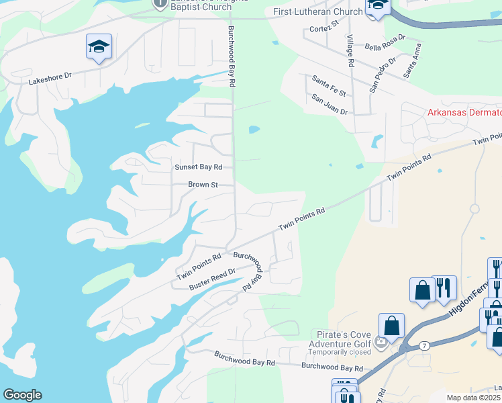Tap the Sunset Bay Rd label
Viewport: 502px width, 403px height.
pyautogui.click(x=198, y=167)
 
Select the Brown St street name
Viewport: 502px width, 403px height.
pyautogui.click(x=203, y=184)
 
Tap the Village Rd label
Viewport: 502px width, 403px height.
pyautogui.click(x=350, y=51)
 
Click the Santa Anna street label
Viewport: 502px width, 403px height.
pyautogui.click(x=413, y=61)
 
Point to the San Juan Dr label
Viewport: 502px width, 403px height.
pyautogui.click(x=330, y=104)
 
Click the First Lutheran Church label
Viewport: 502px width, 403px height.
pyautogui.click(x=317, y=11)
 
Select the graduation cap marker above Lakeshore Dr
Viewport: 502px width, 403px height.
pyautogui.click(x=99, y=47)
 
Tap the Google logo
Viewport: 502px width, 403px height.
pyautogui.click(x=22, y=395)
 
